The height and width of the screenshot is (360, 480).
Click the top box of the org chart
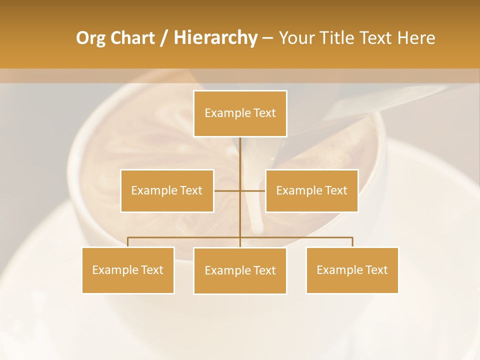click(x=240, y=113)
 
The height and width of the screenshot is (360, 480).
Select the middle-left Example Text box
click(x=167, y=190)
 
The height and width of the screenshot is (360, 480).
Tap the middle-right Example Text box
click(x=311, y=190)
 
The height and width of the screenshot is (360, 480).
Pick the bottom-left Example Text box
click(x=128, y=270)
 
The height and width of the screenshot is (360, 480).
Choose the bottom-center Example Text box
click(x=240, y=270)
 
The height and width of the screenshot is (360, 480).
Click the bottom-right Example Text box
click(x=352, y=270)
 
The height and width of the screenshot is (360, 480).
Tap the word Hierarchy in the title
click(x=215, y=38)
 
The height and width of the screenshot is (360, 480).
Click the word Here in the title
click(x=416, y=38)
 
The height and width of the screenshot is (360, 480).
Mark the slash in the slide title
click(x=164, y=38)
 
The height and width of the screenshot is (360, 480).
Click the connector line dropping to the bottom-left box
click(x=128, y=242)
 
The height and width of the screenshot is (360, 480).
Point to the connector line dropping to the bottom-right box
click(x=352, y=242)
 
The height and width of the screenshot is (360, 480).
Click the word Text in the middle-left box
click(x=191, y=190)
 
